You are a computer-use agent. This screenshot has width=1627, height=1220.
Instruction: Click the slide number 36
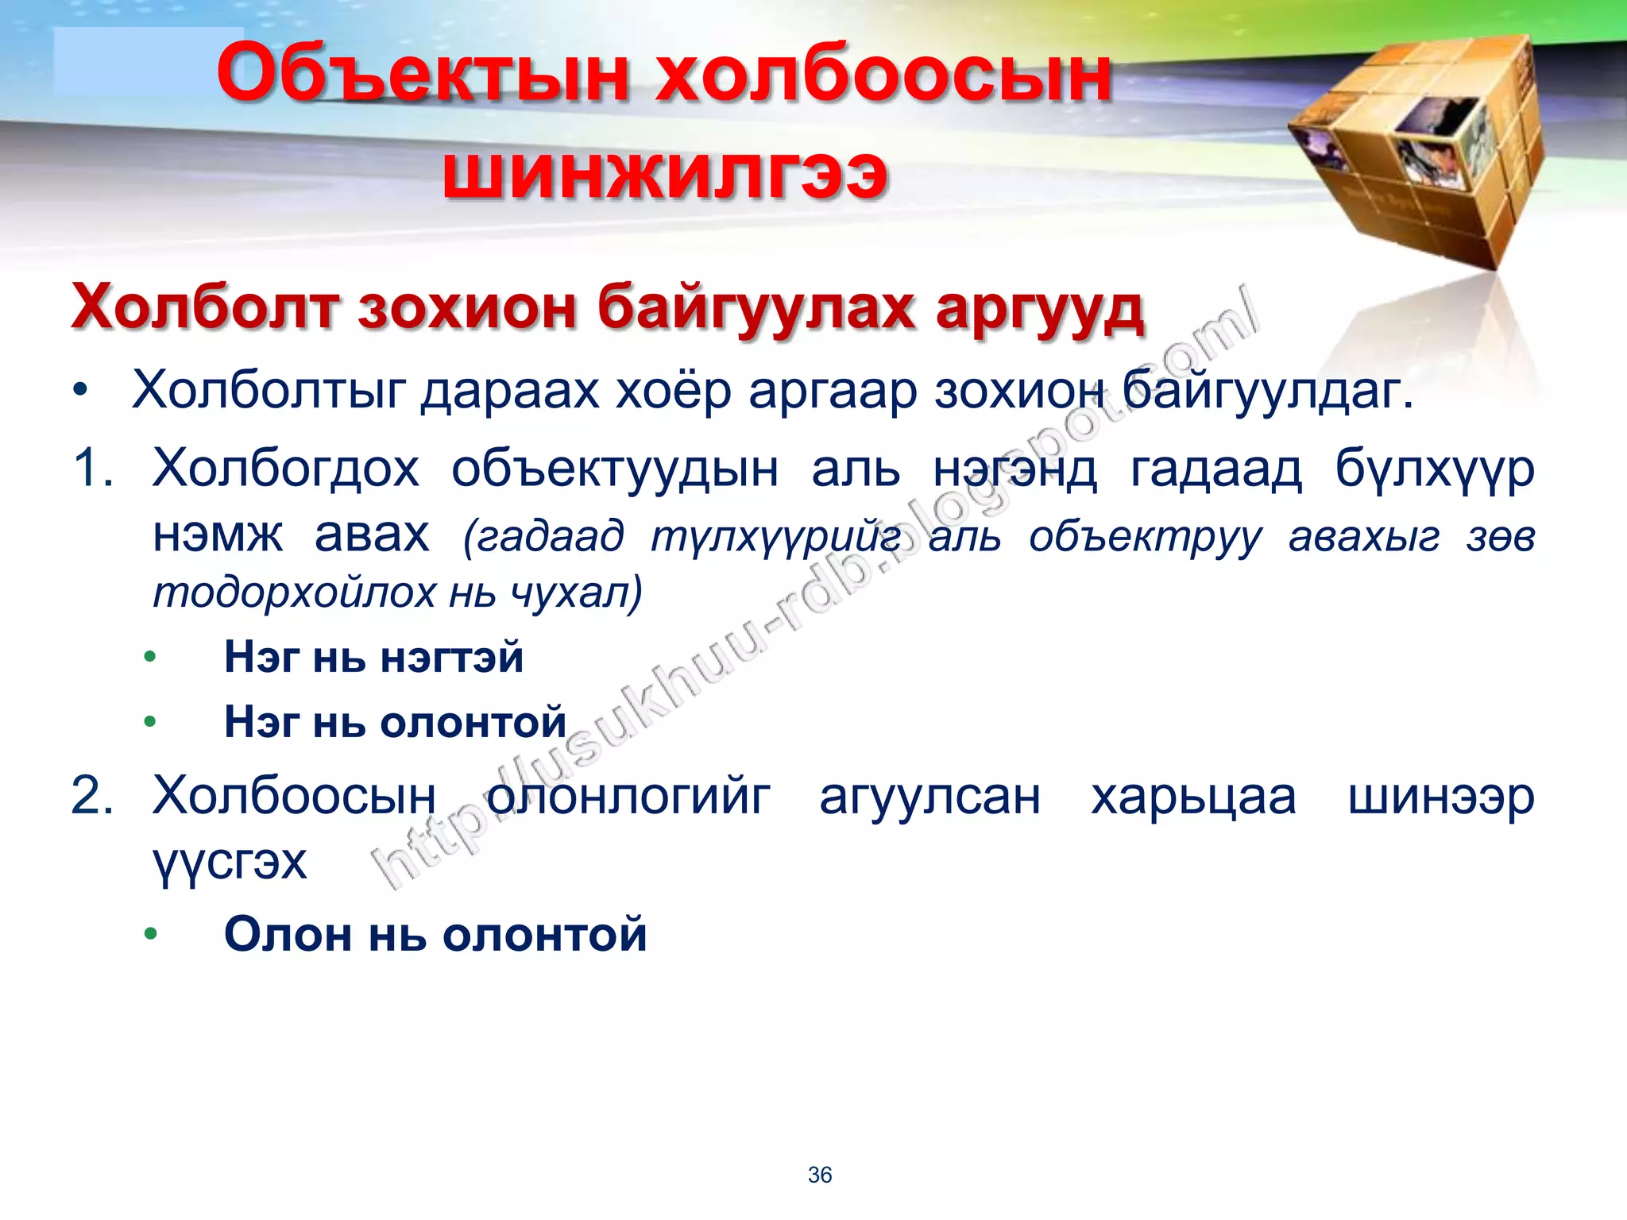(x=819, y=1175)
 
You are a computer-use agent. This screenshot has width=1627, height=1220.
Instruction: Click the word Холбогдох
(x=285, y=469)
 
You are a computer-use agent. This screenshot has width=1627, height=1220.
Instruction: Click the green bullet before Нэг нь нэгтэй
(x=150, y=658)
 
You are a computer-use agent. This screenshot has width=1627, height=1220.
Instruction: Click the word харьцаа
(x=1192, y=797)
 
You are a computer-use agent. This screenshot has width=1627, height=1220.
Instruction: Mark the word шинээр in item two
(x=1440, y=797)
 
